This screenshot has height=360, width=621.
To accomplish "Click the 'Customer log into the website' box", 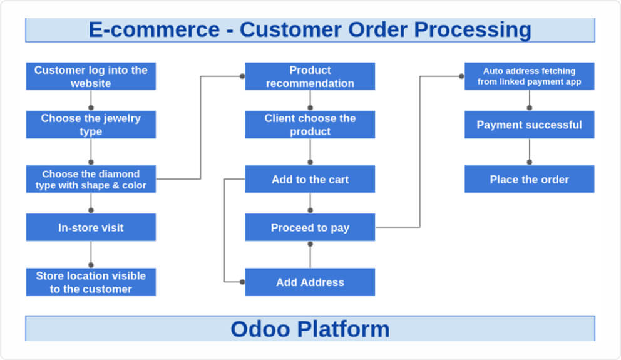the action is pyautogui.click(x=91, y=76).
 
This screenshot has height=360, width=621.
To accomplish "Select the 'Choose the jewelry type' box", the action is pyautogui.click(x=91, y=125).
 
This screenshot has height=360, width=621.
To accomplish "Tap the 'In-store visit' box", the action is pyautogui.click(x=91, y=227).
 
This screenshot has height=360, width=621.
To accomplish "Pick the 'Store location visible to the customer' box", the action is pyautogui.click(x=91, y=282).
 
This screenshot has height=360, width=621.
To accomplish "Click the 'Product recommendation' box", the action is pyautogui.click(x=310, y=76).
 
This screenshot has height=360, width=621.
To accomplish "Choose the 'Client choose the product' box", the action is pyautogui.click(x=310, y=125).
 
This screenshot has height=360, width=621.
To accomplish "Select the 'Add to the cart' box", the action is pyautogui.click(x=310, y=179).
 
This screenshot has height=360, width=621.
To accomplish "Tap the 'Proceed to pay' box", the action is pyautogui.click(x=310, y=227).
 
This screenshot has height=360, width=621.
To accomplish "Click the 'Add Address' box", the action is pyautogui.click(x=310, y=282).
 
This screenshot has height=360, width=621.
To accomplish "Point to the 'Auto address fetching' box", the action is pyautogui.click(x=529, y=76).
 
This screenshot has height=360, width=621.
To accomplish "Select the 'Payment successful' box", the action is pyautogui.click(x=529, y=125).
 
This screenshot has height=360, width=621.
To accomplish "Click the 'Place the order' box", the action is pyautogui.click(x=529, y=179).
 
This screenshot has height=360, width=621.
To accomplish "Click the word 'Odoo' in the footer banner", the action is pyautogui.click(x=260, y=329).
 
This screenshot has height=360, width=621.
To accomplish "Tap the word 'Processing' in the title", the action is pyautogui.click(x=473, y=29).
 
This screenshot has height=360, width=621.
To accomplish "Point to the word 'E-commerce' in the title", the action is pyautogui.click(x=154, y=29).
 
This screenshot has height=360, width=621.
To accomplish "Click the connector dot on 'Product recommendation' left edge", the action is pyautogui.click(x=242, y=76).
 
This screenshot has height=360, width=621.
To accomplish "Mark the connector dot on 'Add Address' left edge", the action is pyautogui.click(x=242, y=282).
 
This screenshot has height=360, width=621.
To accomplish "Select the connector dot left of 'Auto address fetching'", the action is pyautogui.click(x=461, y=76).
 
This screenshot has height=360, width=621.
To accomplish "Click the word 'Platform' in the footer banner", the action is pyautogui.click(x=344, y=329).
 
